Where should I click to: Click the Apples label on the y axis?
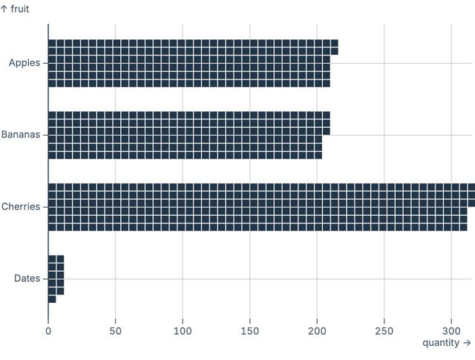click(x=25, y=63)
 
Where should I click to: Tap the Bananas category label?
click(x=22, y=135)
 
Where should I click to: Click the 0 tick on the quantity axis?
click(x=48, y=330)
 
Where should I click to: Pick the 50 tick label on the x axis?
click(x=115, y=330)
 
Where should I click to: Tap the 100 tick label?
click(x=183, y=330)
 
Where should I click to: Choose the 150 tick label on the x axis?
click(x=250, y=330)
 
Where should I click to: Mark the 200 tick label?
click(x=318, y=330)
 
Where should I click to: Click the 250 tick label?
click(x=384, y=330)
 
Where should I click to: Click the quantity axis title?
click(x=442, y=343)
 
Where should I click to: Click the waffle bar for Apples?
click(x=189, y=63)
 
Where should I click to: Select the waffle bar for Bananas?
click(x=186, y=135)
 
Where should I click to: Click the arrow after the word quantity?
click(x=467, y=343)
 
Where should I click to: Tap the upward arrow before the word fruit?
click(x=4, y=9)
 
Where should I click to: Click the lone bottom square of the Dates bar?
click(x=52, y=299)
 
